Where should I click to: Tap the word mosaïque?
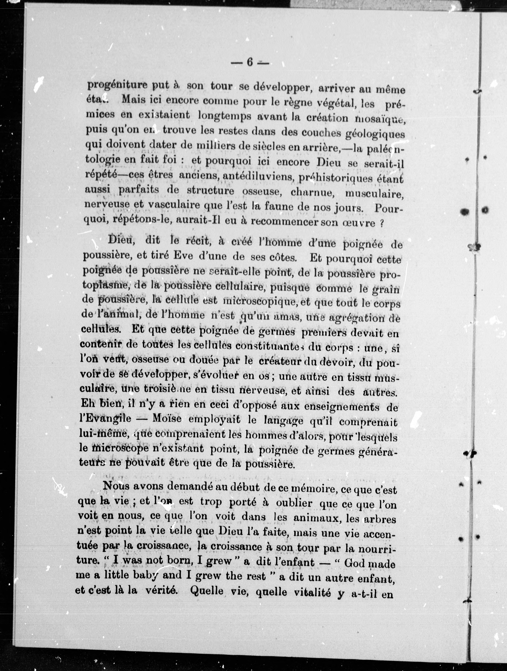380,119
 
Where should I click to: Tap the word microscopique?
260,302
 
